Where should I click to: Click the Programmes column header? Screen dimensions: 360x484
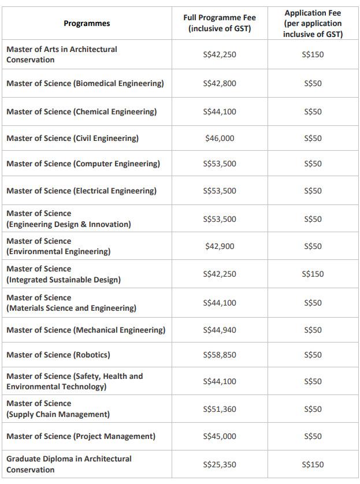coord(87,24)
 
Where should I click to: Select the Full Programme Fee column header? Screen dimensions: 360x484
coord(220,23)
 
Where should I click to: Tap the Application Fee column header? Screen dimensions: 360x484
coord(313,24)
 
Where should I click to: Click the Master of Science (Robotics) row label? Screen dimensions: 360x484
coord(58,355)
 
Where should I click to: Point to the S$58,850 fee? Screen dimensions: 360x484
coord(220,355)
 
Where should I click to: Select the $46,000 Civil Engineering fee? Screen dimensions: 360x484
coord(220,138)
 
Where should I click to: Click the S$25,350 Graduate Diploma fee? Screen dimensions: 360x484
coord(220,464)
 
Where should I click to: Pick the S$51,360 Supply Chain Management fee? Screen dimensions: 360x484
coord(220,409)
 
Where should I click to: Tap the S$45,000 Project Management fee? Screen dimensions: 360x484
coord(220,436)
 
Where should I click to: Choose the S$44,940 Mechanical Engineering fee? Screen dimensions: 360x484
coord(220,330)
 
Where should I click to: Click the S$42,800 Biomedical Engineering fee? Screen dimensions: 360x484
coord(220,83)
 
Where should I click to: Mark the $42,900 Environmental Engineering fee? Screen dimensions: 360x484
coord(220,246)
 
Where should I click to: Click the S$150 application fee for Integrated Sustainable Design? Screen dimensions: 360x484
coord(313,274)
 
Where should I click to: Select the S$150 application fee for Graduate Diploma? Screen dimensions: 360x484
coord(313,464)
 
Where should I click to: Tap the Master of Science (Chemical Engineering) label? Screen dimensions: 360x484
coord(81,111)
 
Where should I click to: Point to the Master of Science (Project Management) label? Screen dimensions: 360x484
coord(81,436)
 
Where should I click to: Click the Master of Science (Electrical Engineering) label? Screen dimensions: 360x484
coord(81,191)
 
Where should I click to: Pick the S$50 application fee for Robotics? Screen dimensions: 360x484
coord(313,355)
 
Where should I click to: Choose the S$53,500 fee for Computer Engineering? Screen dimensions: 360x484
coord(220,163)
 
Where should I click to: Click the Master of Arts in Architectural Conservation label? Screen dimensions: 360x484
coord(62,54)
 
